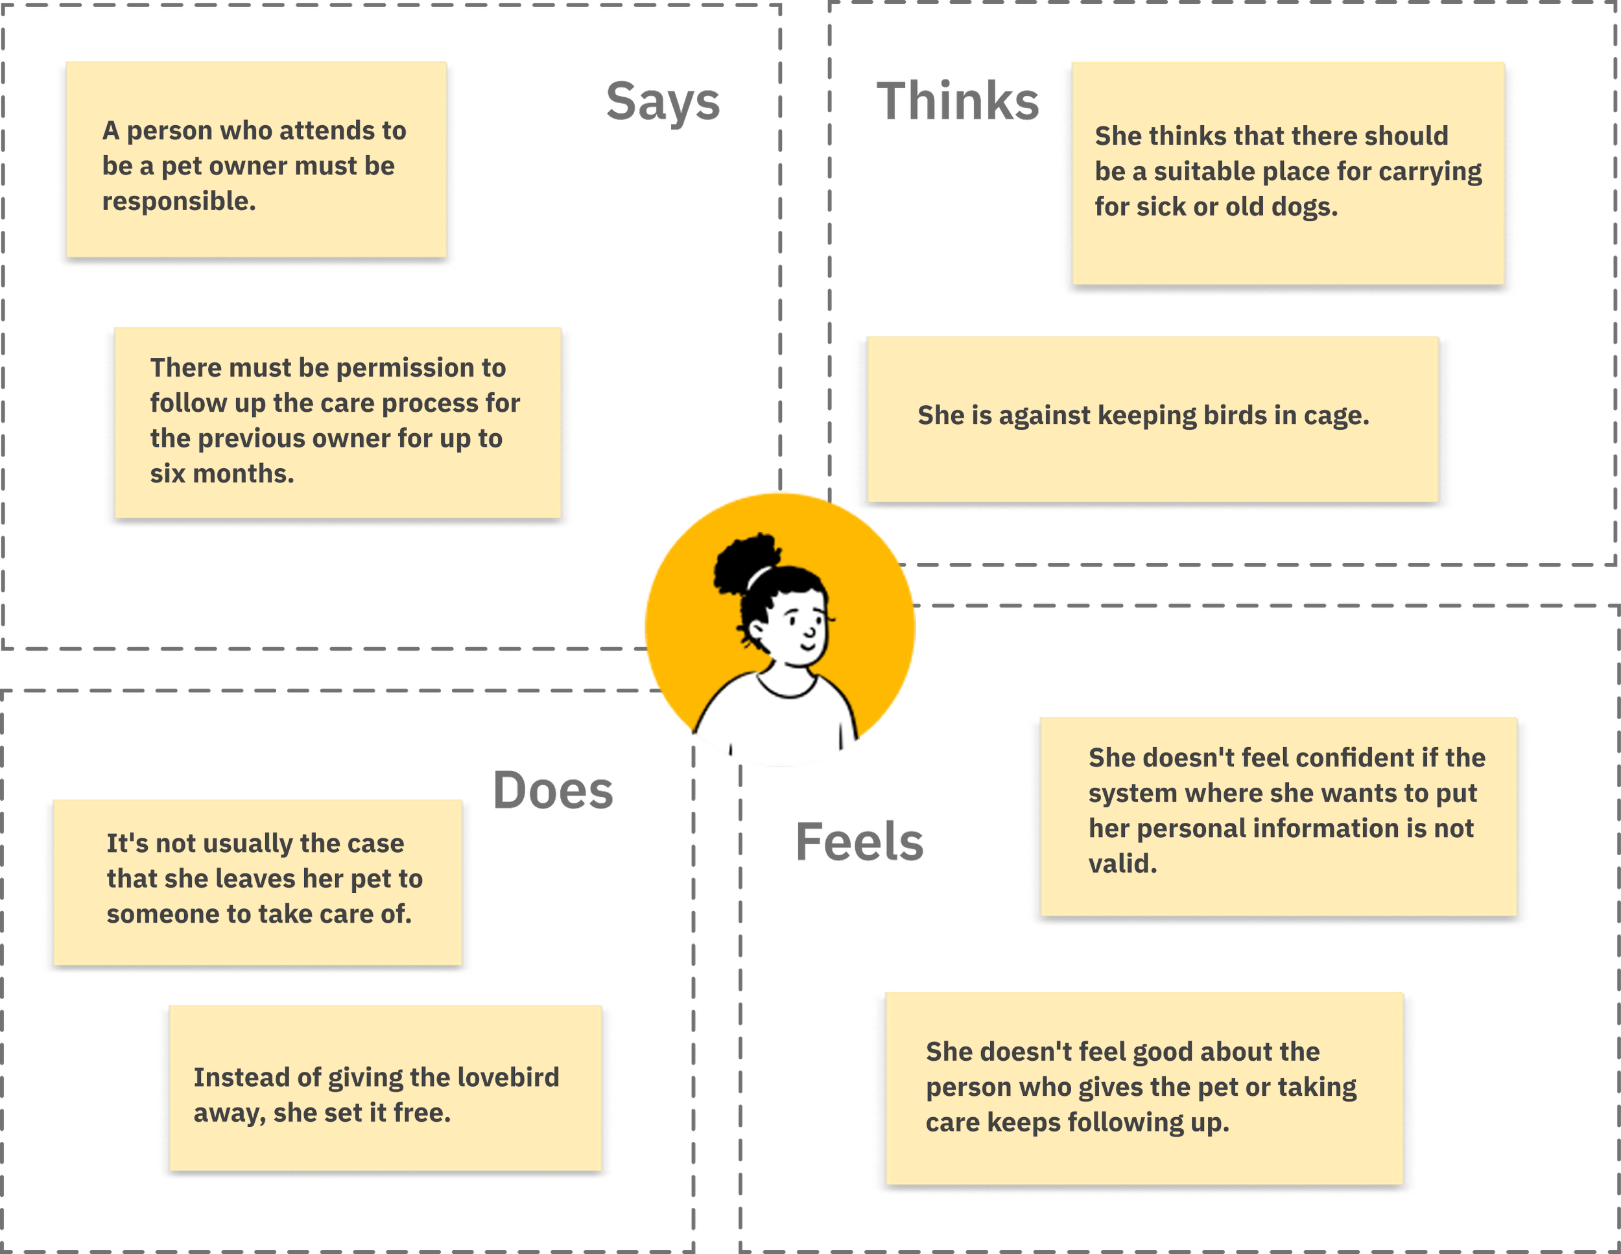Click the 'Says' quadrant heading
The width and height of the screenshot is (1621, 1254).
663,102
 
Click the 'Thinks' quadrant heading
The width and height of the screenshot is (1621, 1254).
958,102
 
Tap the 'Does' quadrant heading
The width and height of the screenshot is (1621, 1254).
553,791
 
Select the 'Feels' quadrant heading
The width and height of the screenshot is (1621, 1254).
860,843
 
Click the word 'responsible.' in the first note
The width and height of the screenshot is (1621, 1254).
179,201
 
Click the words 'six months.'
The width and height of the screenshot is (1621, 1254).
222,473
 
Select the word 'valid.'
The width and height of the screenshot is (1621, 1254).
1122,864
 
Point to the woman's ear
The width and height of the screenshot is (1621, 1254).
758,631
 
